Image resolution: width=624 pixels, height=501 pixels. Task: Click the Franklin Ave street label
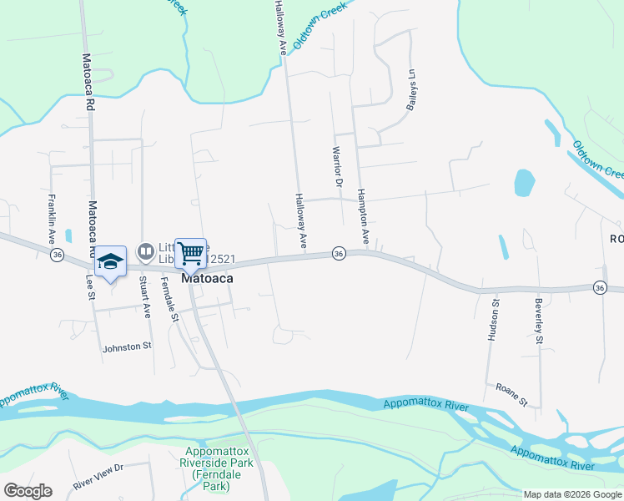coord(52,213)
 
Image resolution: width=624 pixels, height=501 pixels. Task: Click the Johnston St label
coord(127,347)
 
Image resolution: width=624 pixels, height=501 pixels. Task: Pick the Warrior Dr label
coord(338,166)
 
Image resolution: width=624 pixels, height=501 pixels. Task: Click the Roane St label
coord(512,395)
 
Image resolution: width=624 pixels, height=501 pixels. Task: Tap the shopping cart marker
coord(191,252)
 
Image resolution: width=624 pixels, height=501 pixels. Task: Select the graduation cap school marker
coord(110,261)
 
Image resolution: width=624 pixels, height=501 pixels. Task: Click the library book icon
coord(146,250)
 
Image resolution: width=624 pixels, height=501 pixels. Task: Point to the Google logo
coord(28,491)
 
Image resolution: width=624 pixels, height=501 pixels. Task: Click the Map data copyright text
coord(572,494)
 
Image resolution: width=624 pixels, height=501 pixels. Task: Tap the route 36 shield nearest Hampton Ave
coord(338,253)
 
